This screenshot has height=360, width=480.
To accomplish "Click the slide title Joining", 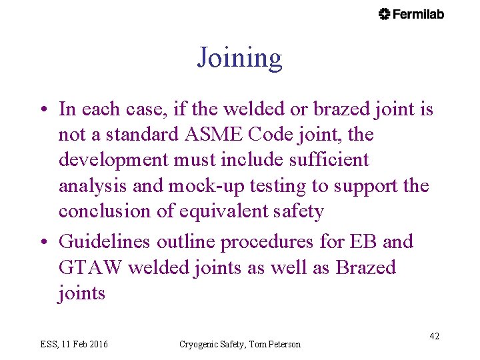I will [239, 59].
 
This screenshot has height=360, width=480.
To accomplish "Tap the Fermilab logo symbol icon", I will [384, 14].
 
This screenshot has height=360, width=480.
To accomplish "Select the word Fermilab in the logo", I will [419, 14].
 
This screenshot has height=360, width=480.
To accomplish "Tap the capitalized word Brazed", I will [365, 268].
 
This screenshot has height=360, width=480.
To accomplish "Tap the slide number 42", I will [434, 336].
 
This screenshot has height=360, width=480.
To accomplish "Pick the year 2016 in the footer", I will [97, 344].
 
